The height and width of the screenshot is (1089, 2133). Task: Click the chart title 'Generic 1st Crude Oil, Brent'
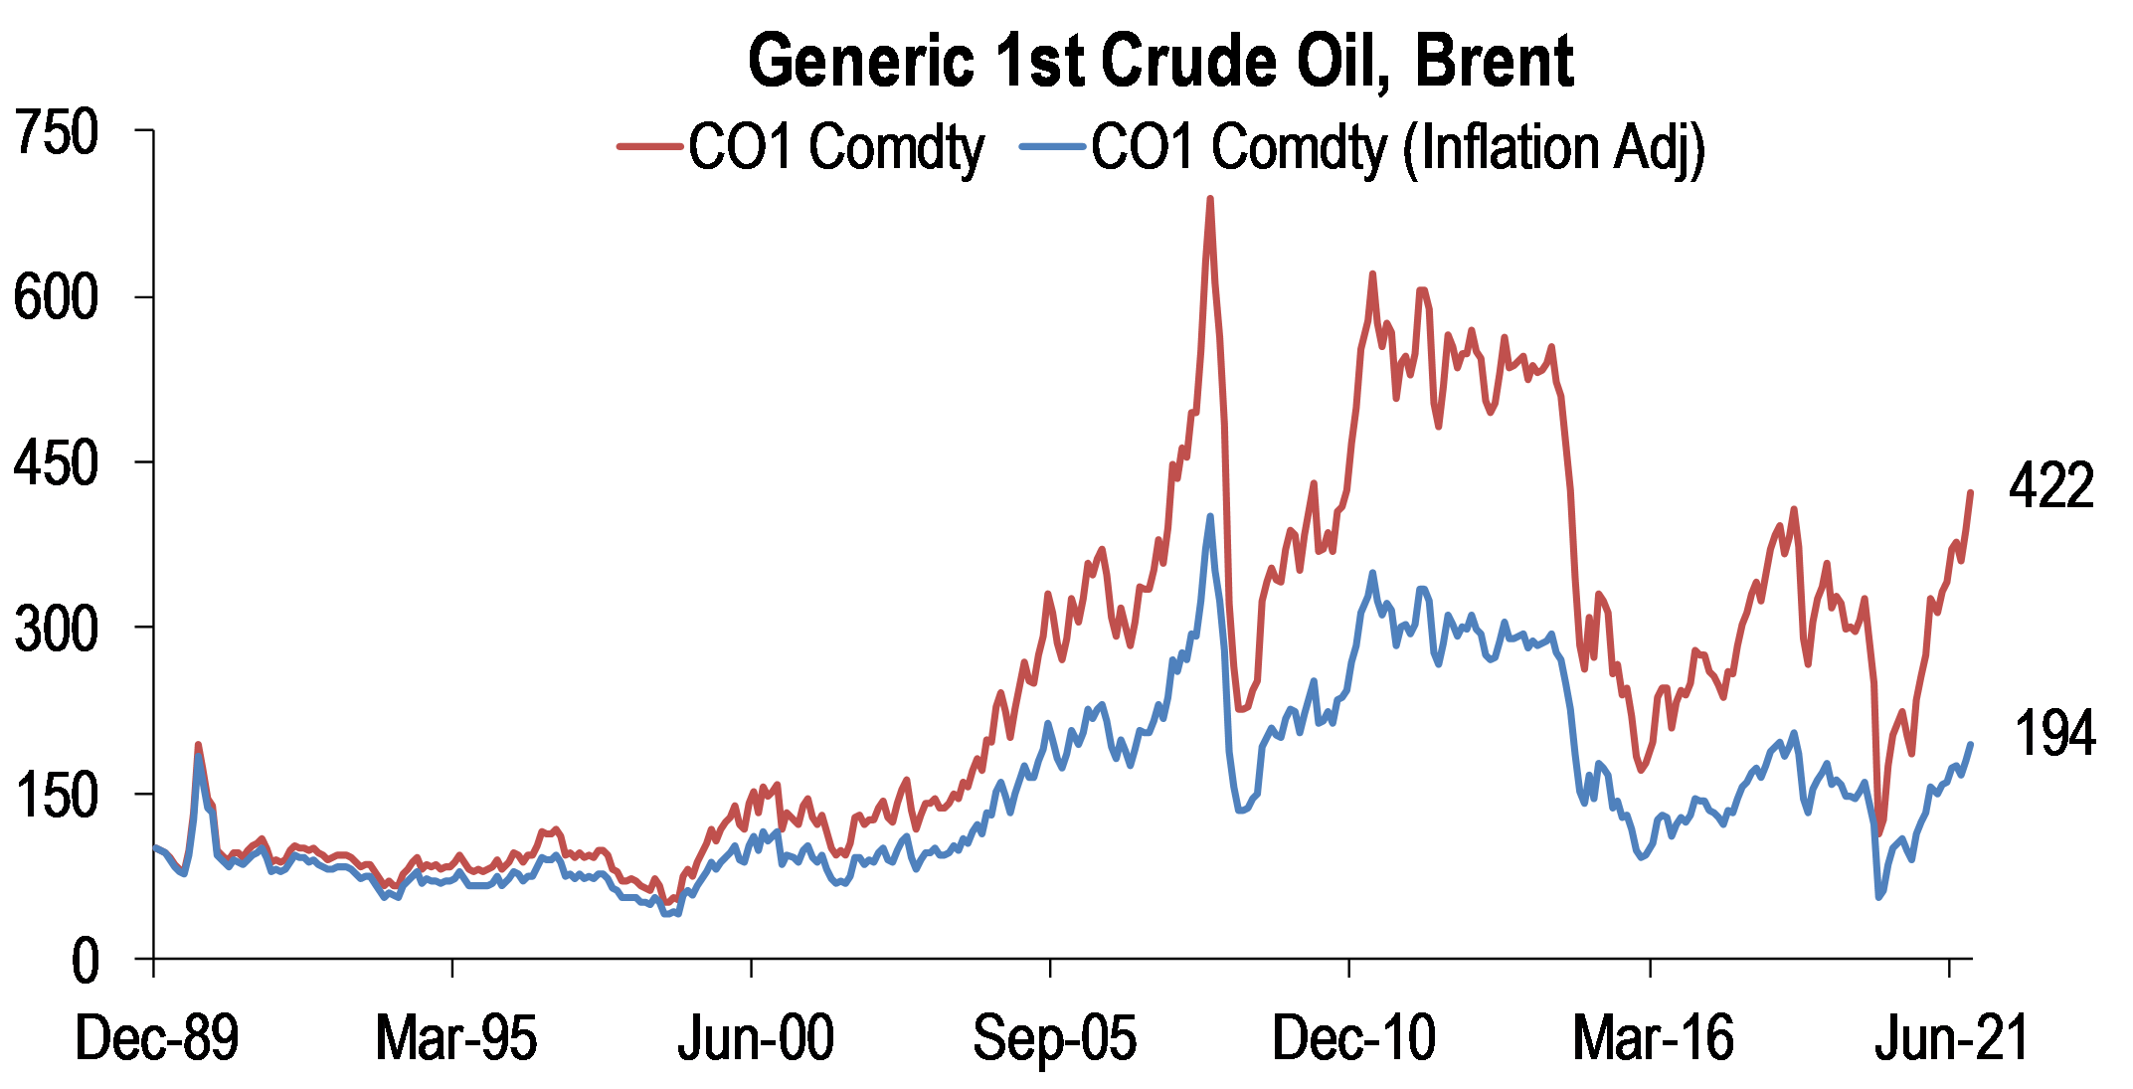pos(1159,62)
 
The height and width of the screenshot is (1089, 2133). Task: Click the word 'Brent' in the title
pos(1494,62)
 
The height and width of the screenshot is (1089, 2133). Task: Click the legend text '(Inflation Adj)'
pos(1553,149)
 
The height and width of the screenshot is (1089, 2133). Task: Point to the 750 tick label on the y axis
pos(57,132)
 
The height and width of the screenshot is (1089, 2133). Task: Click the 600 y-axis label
pos(57,297)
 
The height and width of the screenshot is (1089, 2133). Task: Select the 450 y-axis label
pos(57,463)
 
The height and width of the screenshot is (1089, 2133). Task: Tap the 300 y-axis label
pos(57,629)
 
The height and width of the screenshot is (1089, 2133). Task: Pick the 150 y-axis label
pos(57,795)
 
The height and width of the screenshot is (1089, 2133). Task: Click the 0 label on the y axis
pos(86,962)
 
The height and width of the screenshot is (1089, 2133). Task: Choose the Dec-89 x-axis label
pos(157,1038)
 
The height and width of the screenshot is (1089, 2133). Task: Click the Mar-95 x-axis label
pos(455,1038)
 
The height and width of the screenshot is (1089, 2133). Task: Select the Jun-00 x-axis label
pos(756,1038)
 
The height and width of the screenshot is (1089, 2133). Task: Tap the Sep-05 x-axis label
pos(1054,1038)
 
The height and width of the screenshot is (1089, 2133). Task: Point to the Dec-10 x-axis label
pos(1354,1038)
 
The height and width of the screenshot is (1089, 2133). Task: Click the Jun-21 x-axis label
pos(1952,1038)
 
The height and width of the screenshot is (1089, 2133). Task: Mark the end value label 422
pos(2051,486)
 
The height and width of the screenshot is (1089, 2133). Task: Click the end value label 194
pos(2054,734)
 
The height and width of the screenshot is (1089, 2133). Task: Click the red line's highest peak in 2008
pos(1209,199)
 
